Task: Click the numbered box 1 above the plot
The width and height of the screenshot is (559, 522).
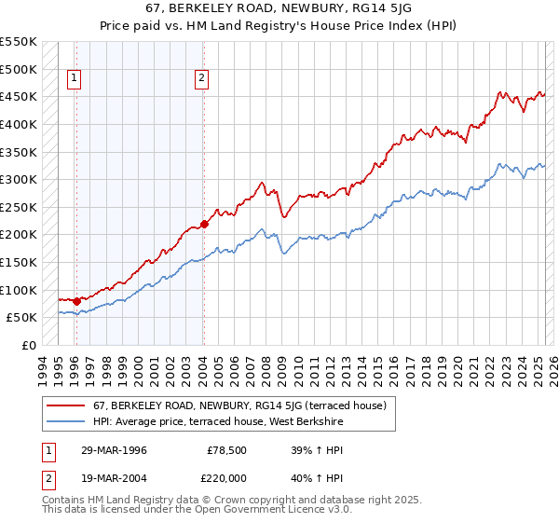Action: click(x=75, y=79)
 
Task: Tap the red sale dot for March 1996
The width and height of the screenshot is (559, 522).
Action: click(x=75, y=301)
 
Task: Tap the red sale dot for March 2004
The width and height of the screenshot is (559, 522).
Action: click(x=203, y=224)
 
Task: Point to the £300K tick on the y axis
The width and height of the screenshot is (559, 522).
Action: click(x=19, y=179)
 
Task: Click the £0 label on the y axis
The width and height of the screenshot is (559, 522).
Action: click(x=29, y=345)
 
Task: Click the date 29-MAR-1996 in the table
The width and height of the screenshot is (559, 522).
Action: click(x=114, y=450)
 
